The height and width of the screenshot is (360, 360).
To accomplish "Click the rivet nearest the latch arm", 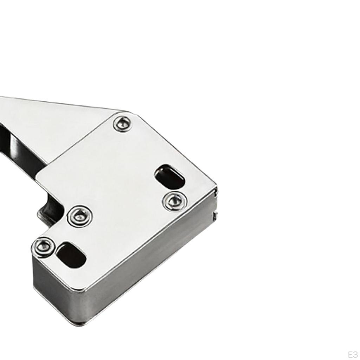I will pos(123,124).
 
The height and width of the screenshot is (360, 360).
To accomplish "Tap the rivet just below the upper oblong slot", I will pos(174,201).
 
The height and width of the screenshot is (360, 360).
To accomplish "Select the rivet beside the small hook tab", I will pos(80,216).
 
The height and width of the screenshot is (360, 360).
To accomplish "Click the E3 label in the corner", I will pos(352,354).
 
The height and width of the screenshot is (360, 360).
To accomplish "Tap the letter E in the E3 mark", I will pos(350,354).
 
